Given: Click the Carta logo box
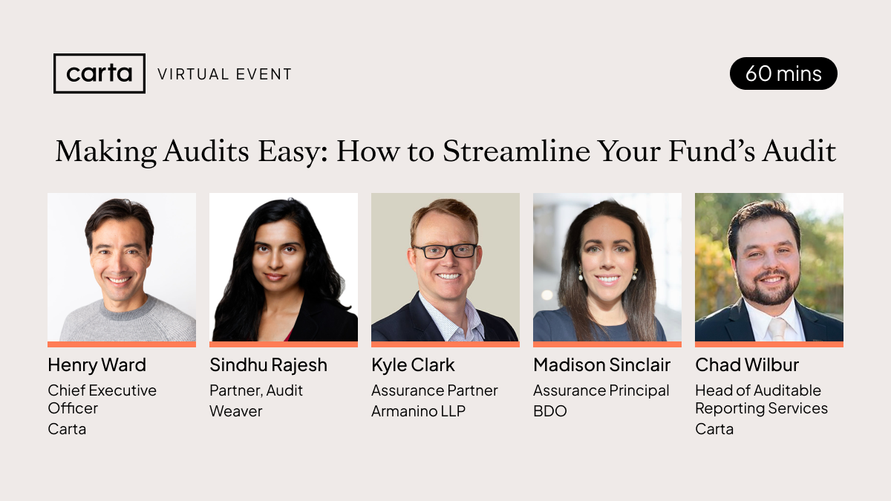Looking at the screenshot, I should (x=99, y=73).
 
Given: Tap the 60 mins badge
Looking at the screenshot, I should (x=783, y=73).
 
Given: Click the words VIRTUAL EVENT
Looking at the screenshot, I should (x=225, y=74).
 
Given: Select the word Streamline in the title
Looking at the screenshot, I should (x=506, y=151).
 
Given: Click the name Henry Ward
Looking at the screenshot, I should (x=97, y=365).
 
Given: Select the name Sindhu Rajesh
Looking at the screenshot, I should (x=268, y=365).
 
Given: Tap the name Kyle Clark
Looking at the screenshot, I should (x=413, y=365).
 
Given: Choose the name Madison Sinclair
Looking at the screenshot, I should (x=601, y=365).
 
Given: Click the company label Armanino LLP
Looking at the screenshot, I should (x=418, y=411).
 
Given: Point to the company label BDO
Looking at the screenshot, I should (x=549, y=411).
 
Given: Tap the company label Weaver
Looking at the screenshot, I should (x=236, y=411).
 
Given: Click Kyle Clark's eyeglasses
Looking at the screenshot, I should (x=445, y=251).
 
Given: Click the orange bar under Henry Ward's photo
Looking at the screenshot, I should (x=122, y=344).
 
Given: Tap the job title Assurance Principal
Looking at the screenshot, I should (x=601, y=390).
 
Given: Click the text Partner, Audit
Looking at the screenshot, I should (x=256, y=390).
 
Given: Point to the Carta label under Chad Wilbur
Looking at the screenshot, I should (x=714, y=429).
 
